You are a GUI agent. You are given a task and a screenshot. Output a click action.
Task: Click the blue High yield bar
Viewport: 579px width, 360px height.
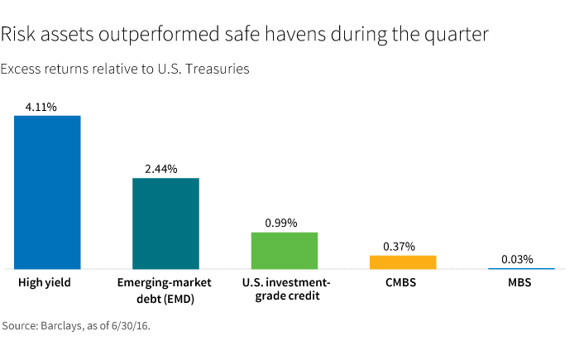pyautogui.click(x=47, y=192)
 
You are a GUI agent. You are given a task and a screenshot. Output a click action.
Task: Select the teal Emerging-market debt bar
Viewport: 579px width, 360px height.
pyautogui.click(x=165, y=223)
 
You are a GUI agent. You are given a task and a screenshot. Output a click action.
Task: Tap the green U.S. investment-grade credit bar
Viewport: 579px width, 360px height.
pyautogui.click(x=285, y=250)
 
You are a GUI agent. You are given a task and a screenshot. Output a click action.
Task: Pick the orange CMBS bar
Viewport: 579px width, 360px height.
pyautogui.click(x=403, y=262)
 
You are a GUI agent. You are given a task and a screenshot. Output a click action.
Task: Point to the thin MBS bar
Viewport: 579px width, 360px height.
pyautogui.click(x=521, y=268)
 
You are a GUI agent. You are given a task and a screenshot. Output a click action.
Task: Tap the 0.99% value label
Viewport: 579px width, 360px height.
pyautogui.click(x=280, y=223)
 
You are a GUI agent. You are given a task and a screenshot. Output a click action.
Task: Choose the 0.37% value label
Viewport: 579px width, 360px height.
pyautogui.click(x=399, y=246)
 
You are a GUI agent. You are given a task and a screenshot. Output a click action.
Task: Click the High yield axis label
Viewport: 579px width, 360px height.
pyautogui.click(x=45, y=283)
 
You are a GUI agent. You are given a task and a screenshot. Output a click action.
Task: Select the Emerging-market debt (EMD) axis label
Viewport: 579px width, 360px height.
pyautogui.click(x=165, y=290)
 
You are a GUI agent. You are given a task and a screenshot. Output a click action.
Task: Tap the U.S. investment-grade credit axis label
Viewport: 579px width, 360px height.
pyautogui.click(x=286, y=290)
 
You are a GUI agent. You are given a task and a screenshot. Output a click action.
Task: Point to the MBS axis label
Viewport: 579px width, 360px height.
pyautogui.click(x=519, y=283)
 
